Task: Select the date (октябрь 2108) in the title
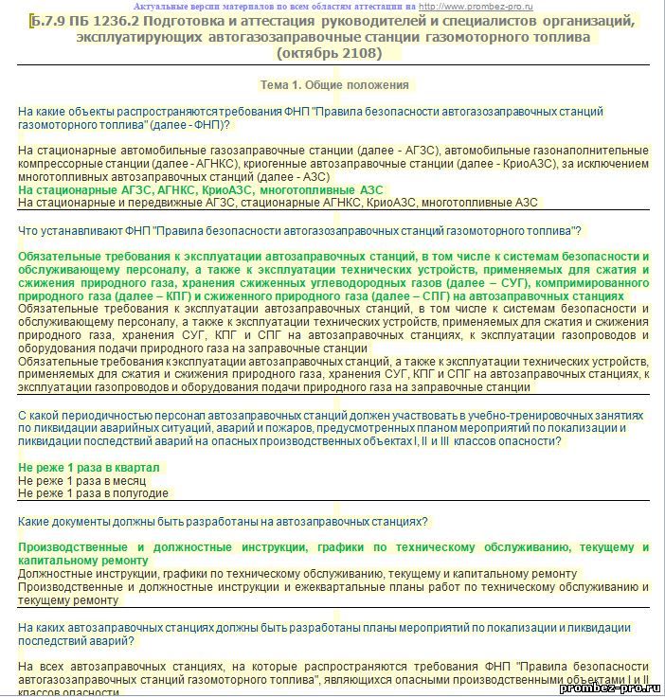332,52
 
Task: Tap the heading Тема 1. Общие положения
334,84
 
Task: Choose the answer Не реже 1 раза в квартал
89,468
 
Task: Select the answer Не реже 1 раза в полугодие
94,492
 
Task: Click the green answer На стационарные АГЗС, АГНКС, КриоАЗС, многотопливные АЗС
201,189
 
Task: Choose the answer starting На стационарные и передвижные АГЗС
278,202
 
